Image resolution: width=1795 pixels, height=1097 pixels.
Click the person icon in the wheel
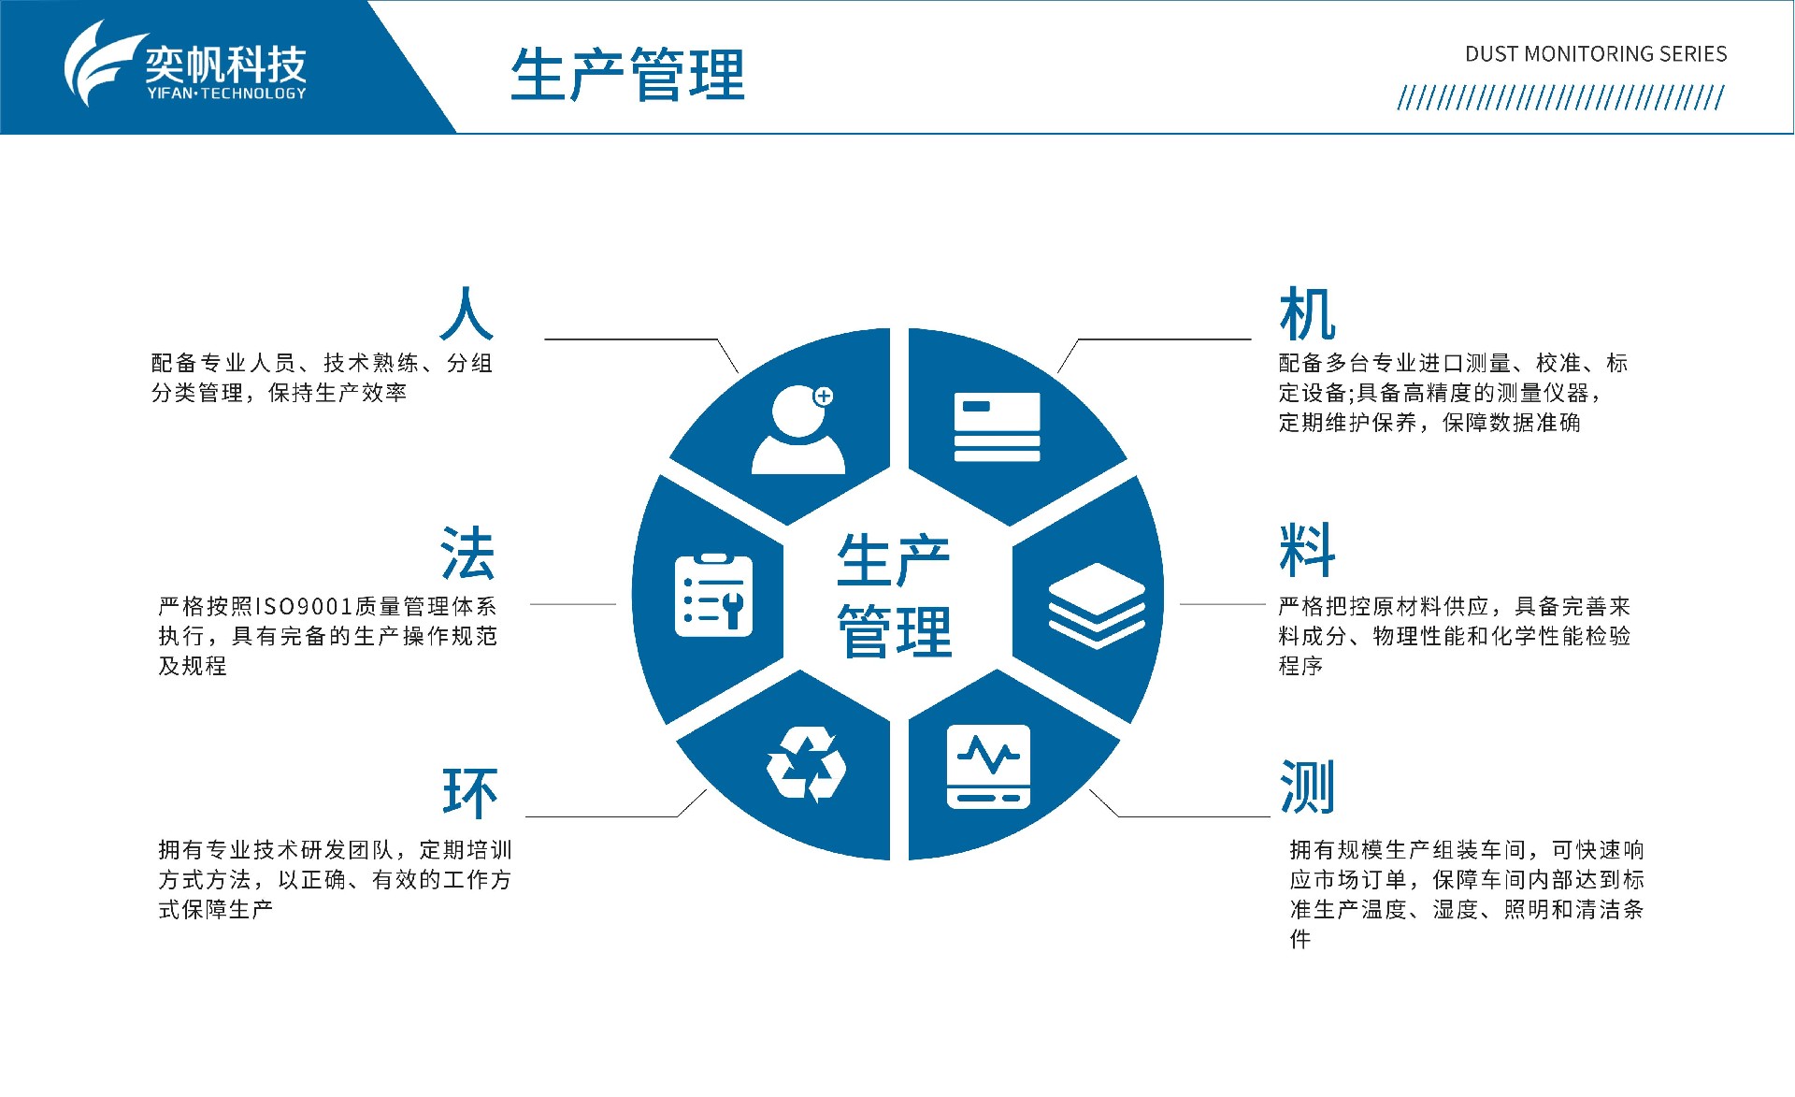tap(798, 429)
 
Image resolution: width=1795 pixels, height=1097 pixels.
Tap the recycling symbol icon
tap(806, 766)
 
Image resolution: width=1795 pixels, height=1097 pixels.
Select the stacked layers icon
tap(1097, 605)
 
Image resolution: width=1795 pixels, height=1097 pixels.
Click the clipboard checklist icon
tap(713, 595)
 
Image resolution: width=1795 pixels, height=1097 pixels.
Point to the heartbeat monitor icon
tap(988, 766)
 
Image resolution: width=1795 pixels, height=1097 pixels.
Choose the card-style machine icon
tap(997, 426)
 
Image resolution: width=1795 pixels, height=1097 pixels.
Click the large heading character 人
tap(467, 313)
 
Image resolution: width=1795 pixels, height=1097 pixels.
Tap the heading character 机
tap(1307, 314)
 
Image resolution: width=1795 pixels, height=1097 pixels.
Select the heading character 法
tap(467, 553)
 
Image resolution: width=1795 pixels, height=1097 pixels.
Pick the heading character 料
tap(1307, 550)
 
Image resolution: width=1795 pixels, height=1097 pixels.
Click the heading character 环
tap(469, 793)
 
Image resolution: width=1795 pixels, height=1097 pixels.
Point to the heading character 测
tap(1307, 787)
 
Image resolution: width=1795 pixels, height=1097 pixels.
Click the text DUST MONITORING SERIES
tap(1596, 54)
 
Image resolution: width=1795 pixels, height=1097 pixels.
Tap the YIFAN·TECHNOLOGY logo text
tap(226, 94)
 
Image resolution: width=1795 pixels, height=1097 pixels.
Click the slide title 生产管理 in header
tap(627, 74)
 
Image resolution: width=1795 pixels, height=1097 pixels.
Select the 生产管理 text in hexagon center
tap(894, 595)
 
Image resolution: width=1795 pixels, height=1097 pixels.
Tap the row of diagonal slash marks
tap(1560, 98)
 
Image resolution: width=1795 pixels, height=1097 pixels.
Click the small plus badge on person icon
tap(824, 397)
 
